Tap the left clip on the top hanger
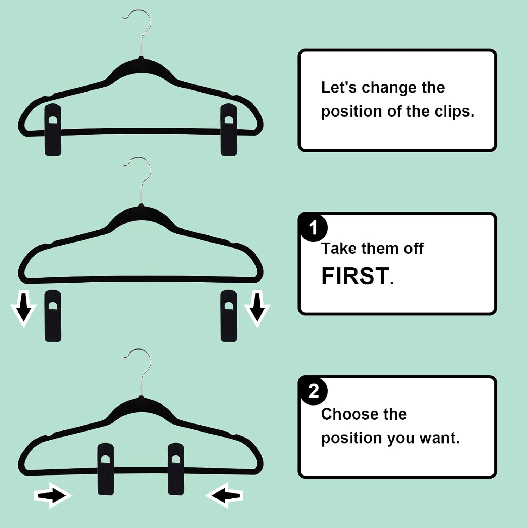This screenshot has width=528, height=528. point(53,130)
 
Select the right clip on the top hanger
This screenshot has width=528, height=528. point(228,130)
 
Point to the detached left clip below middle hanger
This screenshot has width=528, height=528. point(53,316)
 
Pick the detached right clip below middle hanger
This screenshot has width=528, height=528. point(228,316)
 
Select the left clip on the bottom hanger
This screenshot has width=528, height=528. point(105,469)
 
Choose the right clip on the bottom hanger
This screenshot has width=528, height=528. point(176,469)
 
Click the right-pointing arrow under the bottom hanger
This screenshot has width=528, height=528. point(53,496)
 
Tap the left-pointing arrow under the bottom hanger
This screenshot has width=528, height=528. point(224,496)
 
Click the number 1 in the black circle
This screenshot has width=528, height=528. point(313,228)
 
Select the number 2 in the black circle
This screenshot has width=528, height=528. point(313,391)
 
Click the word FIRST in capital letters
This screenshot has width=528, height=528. point(355,276)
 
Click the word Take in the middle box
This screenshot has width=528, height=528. point(339,249)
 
